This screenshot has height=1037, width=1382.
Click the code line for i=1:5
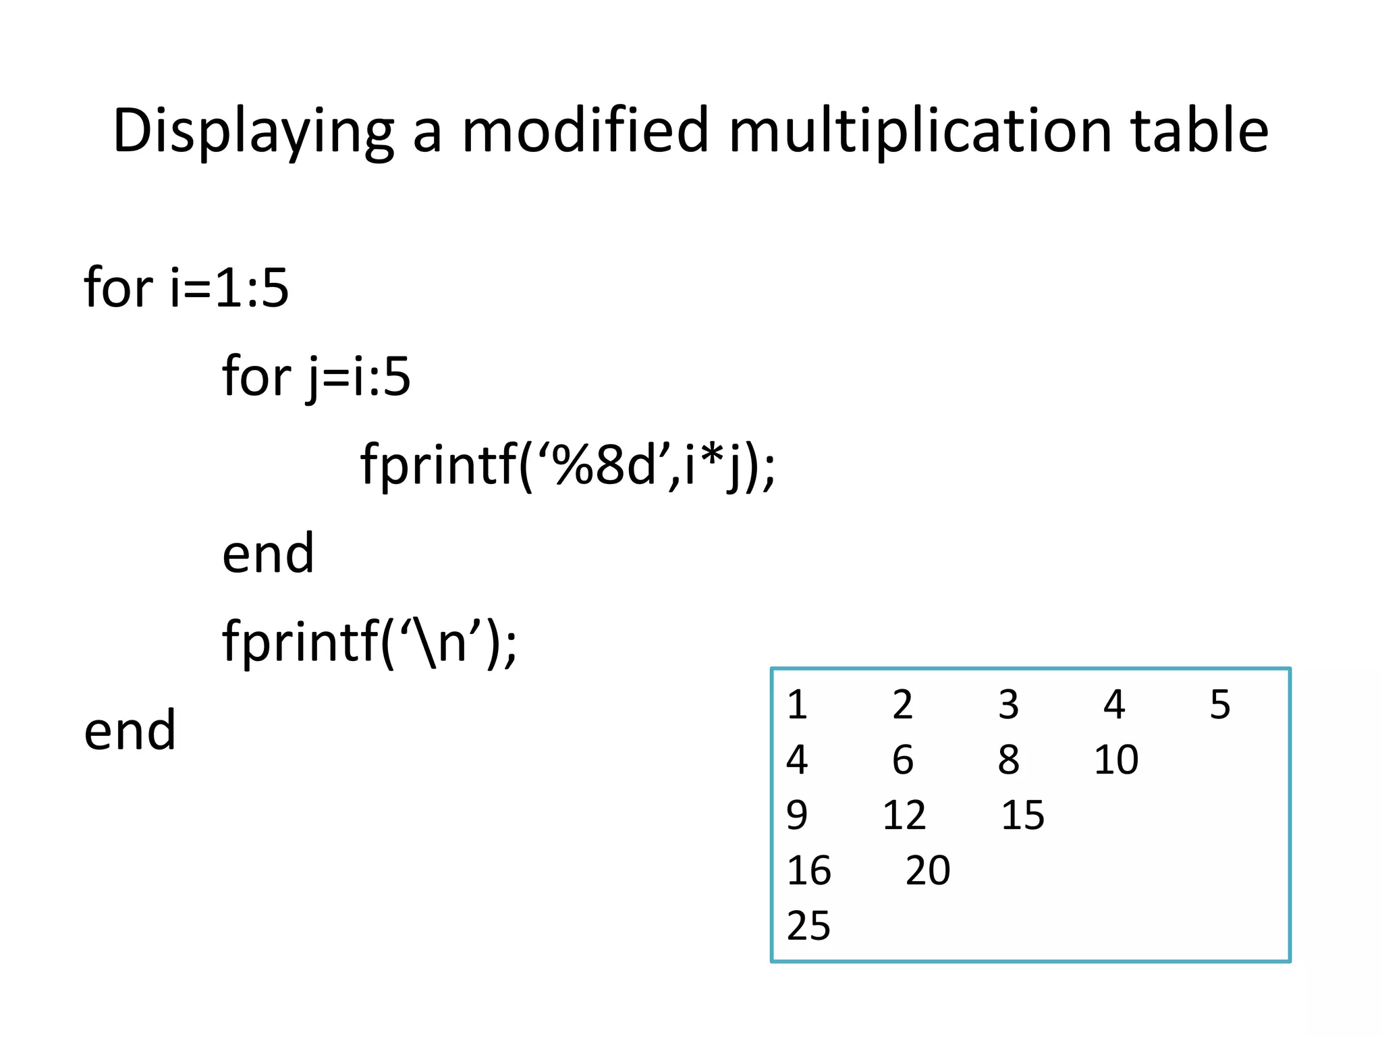coord(186,288)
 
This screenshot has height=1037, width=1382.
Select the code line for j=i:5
coord(316,376)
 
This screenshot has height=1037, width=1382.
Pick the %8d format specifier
coord(603,465)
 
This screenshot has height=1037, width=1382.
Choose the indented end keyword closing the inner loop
coord(268,553)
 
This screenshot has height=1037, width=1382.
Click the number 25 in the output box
coord(808,926)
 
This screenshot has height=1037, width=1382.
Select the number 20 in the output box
coord(928,870)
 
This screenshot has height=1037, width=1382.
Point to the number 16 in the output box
coord(808,870)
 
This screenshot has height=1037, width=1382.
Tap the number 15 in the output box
coord(1022,815)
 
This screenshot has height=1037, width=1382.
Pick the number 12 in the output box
coord(904,815)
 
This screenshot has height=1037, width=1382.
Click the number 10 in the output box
coord(1116,760)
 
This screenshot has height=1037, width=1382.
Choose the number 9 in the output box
coord(797,815)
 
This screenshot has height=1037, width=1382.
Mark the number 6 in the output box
coord(903,760)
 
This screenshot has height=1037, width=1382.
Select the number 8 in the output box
coord(1009,760)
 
